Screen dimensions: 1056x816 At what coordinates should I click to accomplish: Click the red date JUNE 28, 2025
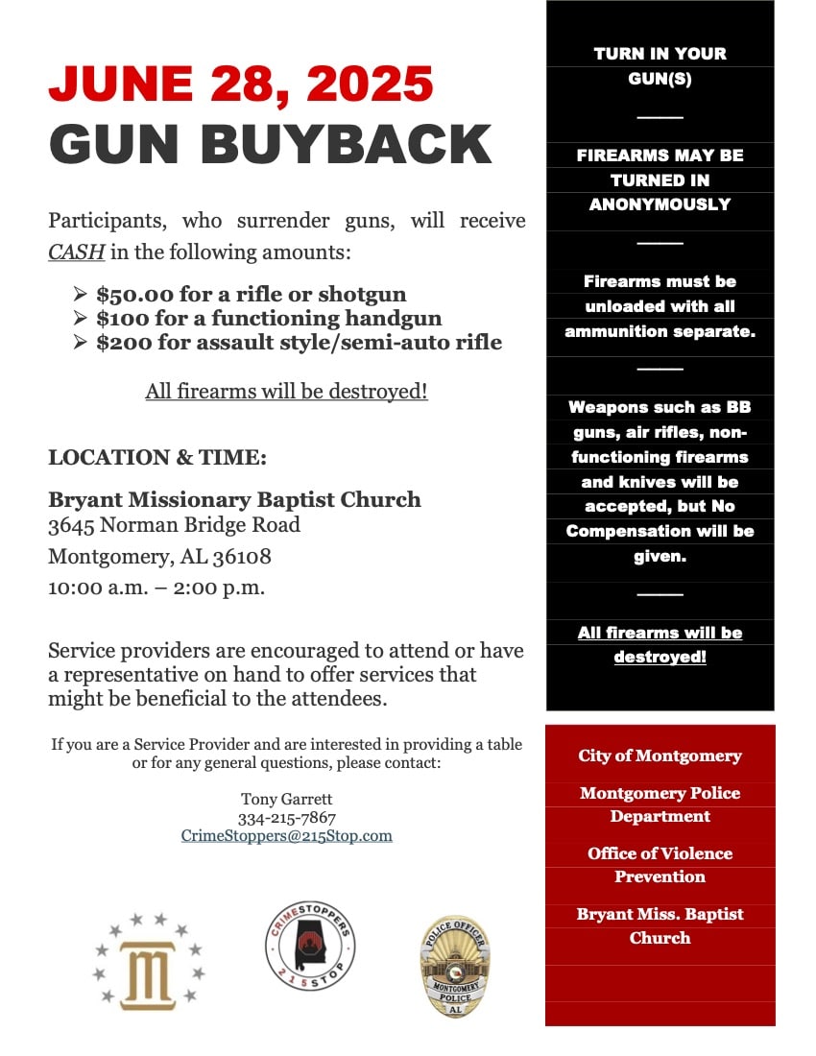(x=241, y=84)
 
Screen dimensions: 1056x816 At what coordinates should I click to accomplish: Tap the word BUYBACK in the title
(x=347, y=145)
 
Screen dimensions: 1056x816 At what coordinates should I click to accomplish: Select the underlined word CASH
(x=76, y=252)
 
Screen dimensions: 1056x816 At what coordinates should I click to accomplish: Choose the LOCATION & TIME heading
(x=157, y=458)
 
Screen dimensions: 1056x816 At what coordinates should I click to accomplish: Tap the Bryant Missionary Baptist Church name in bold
(x=234, y=499)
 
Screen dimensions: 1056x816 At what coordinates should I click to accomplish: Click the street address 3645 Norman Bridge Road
(x=174, y=525)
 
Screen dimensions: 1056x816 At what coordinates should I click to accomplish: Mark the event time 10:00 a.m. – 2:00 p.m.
(x=156, y=588)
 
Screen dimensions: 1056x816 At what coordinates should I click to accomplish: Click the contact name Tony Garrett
(x=287, y=799)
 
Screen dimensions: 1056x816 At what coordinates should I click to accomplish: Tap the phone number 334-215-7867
(x=287, y=818)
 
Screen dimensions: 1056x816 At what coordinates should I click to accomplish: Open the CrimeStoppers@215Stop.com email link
(x=287, y=836)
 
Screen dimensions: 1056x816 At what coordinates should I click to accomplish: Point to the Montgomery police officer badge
(x=454, y=966)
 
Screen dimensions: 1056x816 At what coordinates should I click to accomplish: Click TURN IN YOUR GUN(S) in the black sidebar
(x=660, y=66)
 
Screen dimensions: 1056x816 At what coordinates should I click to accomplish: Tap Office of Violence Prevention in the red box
(x=660, y=865)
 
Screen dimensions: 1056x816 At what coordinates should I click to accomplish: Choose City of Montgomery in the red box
(x=660, y=756)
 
